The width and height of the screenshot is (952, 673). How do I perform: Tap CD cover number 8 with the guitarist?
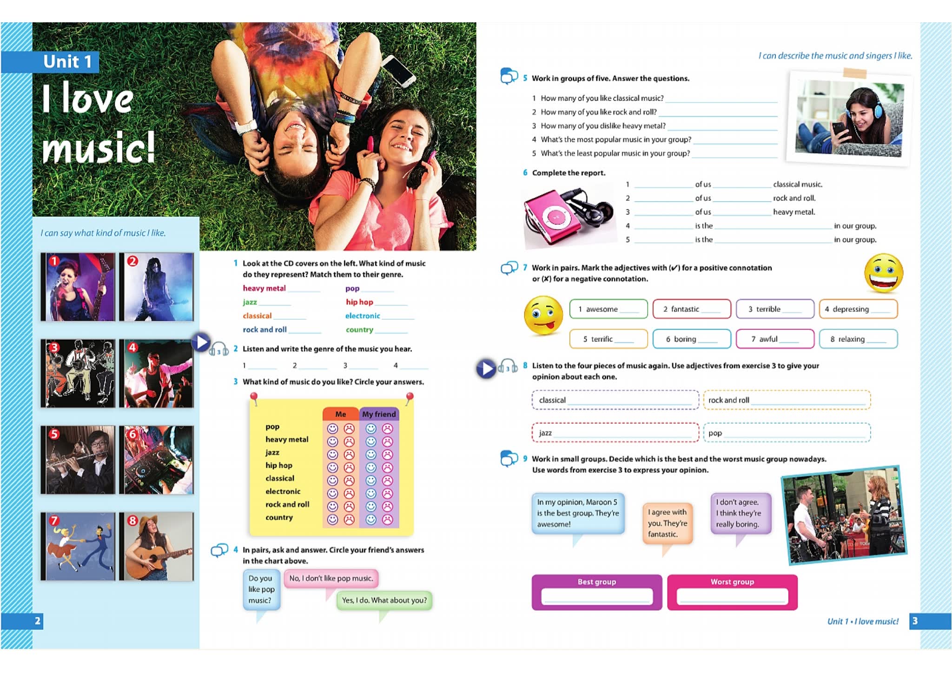click(156, 547)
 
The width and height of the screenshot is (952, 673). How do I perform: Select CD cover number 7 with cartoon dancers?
click(78, 547)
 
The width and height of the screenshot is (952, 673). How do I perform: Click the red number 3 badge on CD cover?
click(54, 347)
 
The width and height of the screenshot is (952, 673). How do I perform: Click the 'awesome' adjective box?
click(608, 309)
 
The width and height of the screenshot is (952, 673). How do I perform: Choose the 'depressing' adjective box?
click(858, 309)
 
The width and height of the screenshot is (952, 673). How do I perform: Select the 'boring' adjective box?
click(691, 339)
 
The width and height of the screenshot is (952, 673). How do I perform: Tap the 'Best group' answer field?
click(596, 596)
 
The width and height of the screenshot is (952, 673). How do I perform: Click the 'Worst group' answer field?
click(732, 596)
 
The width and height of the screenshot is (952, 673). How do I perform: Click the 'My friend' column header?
click(379, 414)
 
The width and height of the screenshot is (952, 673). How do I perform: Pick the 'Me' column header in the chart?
click(341, 414)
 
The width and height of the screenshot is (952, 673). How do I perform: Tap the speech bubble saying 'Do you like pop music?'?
click(261, 589)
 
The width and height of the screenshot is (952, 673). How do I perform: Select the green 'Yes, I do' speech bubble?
click(384, 600)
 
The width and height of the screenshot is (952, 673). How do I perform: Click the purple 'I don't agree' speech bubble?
click(740, 513)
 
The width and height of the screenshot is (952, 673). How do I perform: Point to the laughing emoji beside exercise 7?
click(883, 273)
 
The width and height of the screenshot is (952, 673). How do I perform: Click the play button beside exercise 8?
click(486, 369)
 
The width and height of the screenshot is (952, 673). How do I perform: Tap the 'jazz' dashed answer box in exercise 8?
click(615, 433)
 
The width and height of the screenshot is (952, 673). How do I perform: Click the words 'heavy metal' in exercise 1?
click(264, 288)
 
